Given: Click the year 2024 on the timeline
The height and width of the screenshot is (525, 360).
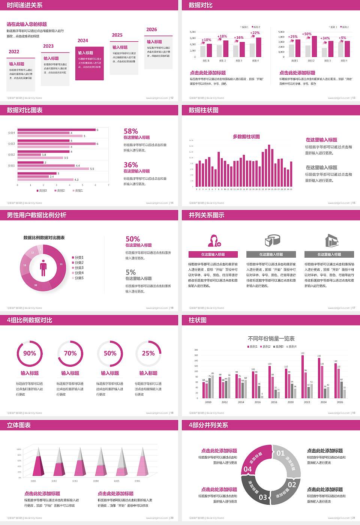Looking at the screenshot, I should pos(83,40).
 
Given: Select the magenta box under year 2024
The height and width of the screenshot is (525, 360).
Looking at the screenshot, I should pos(90,63).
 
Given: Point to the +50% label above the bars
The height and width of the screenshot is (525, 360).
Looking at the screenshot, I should pos(307,34).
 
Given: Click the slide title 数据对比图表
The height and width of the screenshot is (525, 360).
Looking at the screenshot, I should pos(25,110).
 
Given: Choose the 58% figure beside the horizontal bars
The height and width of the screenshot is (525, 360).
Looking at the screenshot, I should pos(131,131).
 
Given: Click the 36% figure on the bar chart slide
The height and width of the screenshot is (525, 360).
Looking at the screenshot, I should pos(131,165).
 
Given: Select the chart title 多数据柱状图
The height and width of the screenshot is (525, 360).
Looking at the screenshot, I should pos(246,136).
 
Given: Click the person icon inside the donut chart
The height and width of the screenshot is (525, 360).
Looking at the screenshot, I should pos(43,267).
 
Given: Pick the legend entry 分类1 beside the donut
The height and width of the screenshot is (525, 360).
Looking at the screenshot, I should pos(79,258).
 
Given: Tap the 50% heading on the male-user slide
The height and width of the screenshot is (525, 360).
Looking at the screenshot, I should pos(133,239).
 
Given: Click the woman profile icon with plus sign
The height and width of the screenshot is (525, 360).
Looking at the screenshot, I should pos(214,240).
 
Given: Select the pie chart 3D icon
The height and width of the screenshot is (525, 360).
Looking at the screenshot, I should pos(273,240).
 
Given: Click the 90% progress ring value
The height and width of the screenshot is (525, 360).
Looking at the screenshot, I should pos(30,353).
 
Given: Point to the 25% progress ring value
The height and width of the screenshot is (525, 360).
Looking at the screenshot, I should pos(148,353).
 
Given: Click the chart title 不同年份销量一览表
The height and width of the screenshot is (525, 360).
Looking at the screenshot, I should pos(271,338).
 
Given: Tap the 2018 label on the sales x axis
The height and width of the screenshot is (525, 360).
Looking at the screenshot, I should pos(274,402).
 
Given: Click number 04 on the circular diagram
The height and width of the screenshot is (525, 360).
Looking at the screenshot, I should pos(248,469).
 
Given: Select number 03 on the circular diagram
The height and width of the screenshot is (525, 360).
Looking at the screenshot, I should pos(263,497).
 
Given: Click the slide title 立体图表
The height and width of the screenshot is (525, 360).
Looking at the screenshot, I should pos(19,425).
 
